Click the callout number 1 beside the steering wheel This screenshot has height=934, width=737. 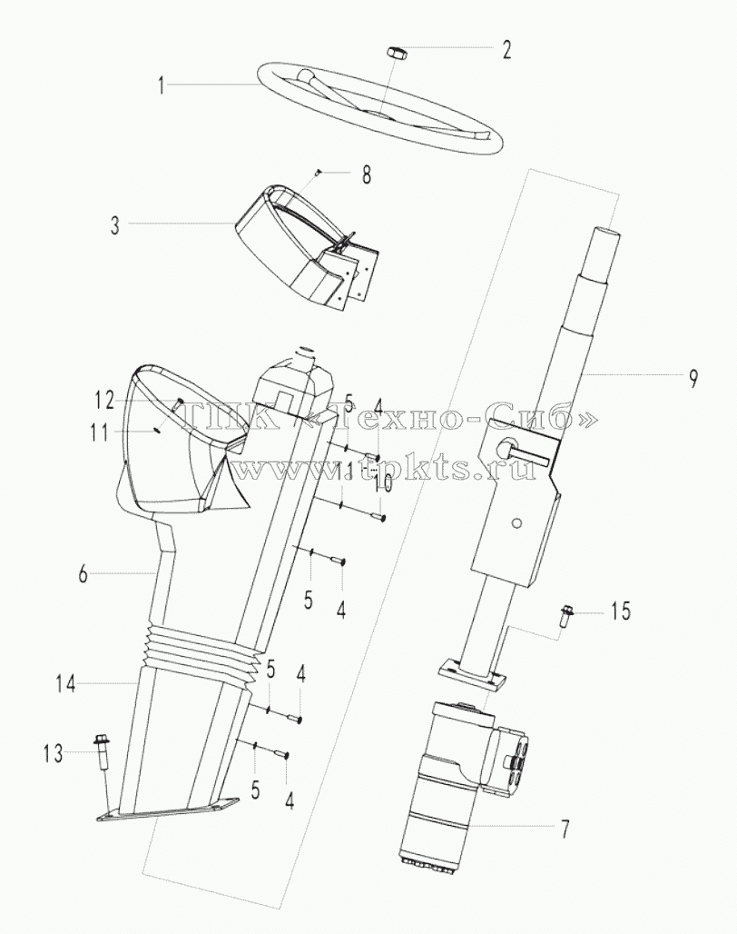point(161,85)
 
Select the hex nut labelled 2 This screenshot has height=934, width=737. point(396,52)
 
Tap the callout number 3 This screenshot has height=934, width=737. point(114,226)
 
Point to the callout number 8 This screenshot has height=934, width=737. point(367,175)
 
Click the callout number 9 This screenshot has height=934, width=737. point(693,378)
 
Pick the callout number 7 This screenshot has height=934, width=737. point(565,829)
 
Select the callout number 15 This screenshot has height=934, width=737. point(620,611)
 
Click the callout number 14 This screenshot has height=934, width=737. point(66,684)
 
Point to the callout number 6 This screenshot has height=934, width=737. point(84,575)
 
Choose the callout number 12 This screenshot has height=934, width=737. point(104,401)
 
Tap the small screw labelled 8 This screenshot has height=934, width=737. point(319,173)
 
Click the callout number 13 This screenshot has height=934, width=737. point(53,754)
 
